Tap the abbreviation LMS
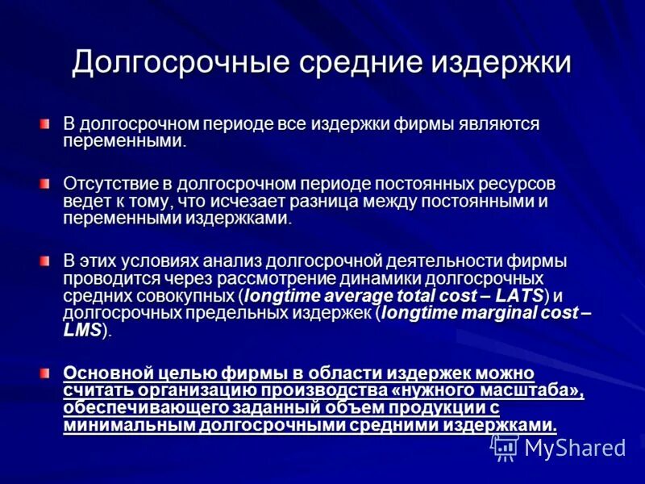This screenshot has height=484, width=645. [x=82, y=330]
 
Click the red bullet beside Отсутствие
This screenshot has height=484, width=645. [x=46, y=184]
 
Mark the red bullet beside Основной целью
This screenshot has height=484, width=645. [x=46, y=373]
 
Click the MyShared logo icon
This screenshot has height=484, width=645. [x=506, y=446]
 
